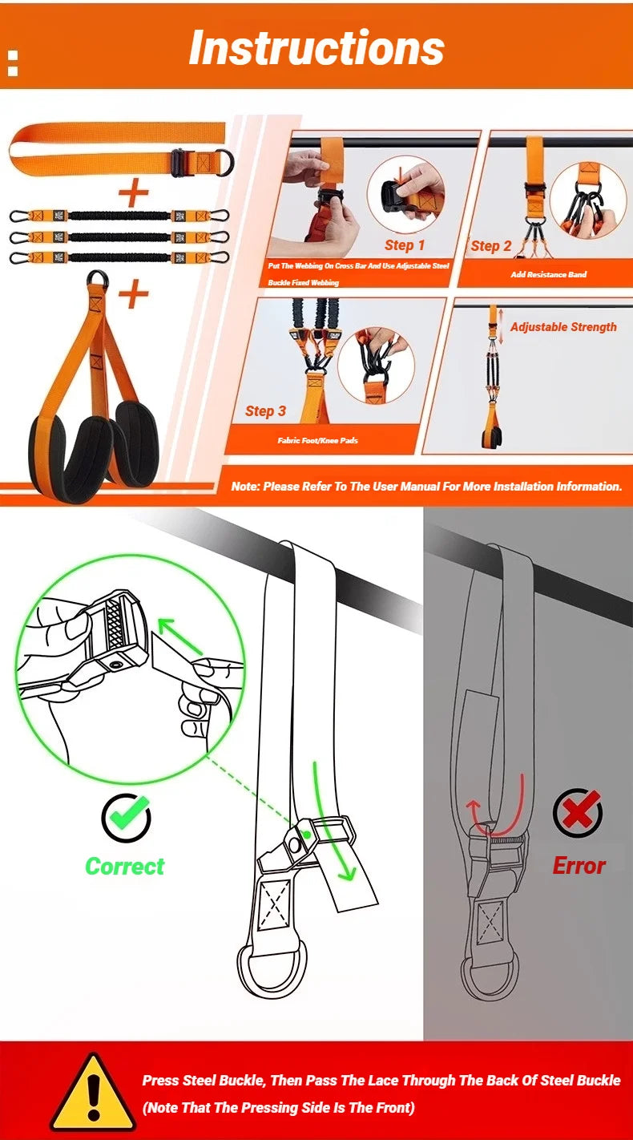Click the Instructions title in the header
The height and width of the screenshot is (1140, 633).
[316, 48]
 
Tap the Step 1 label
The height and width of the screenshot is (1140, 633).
[405, 245]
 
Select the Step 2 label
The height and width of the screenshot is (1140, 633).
[490, 246]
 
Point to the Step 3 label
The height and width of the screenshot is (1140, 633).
[265, 411]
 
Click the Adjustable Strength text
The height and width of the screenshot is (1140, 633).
[563, 327]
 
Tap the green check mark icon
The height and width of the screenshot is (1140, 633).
[126, 817]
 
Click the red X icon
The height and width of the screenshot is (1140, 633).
[578, 813]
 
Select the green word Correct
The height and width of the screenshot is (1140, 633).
[124, 867]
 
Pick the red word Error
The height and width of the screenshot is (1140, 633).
[579, 866]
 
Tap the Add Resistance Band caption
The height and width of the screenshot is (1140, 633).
[548, 275]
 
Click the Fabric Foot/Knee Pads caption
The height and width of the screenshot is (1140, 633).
[317, 440]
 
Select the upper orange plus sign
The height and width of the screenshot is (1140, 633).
[134, 192]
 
